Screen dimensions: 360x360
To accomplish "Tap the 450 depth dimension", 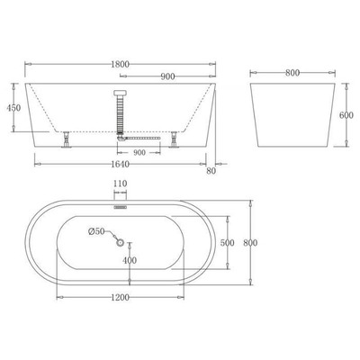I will pyautogui.click(x=13, y=108).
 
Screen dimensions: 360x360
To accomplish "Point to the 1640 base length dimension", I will pyautogui.click(x=112, y=164).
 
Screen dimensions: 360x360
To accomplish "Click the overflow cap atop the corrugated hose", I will pyautogui.click(x=121, y=94).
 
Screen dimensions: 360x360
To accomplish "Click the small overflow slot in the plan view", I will pyautogui.click(x=121, y=205).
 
